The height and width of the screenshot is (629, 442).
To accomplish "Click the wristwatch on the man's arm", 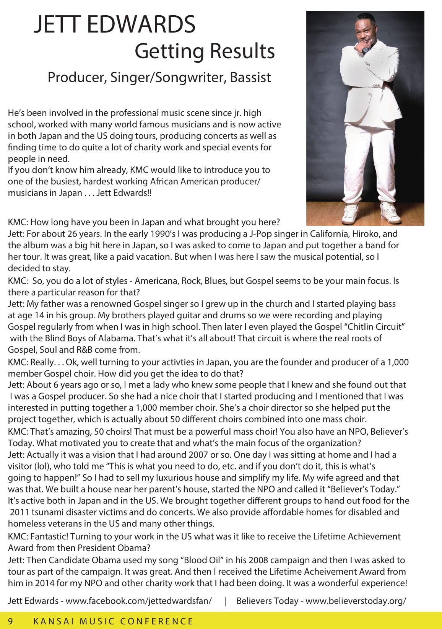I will point(365,49).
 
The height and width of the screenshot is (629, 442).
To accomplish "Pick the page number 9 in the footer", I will point(10,621).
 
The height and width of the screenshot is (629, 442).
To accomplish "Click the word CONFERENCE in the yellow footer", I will point(157,621).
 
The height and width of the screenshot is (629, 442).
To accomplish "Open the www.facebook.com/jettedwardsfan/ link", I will point(139,601).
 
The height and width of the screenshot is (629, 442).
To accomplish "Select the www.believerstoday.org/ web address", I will point(356,601).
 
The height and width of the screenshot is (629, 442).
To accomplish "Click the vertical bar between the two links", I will point(225,601).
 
